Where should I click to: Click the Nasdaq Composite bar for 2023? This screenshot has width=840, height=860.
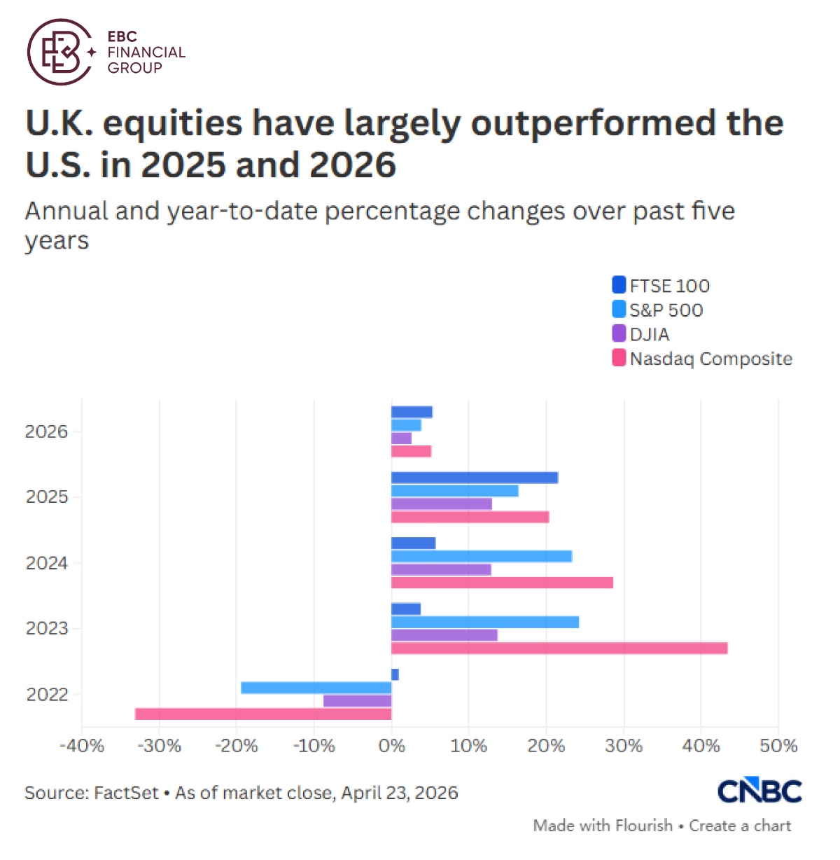point(559,649)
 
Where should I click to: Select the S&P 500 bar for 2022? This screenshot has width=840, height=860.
point(316,688)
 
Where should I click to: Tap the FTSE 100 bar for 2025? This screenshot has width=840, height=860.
point(475,478)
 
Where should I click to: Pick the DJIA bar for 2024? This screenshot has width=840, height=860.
point(441,569)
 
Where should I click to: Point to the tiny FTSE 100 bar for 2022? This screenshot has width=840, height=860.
point(395,674)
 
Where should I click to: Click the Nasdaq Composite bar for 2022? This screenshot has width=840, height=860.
point(263,714)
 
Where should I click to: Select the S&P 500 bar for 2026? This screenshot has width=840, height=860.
point(406,425)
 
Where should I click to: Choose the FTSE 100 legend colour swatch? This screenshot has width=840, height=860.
point(619,285)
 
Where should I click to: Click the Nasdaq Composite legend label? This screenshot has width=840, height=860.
point(710,359)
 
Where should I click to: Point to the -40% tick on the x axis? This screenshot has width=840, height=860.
point(82,746)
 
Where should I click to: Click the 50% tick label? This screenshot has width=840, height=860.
point(778,746)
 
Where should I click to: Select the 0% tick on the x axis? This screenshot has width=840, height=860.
point(391,746)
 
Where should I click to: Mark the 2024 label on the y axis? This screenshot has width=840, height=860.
point(47,563)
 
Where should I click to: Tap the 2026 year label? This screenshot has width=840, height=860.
point(47,431)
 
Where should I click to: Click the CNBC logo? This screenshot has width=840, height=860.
point(759,791)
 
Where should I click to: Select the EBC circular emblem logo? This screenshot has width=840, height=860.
point(60,53)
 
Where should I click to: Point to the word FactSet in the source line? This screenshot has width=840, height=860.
point(127,793)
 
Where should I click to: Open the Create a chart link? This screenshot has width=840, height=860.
point(740,826)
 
